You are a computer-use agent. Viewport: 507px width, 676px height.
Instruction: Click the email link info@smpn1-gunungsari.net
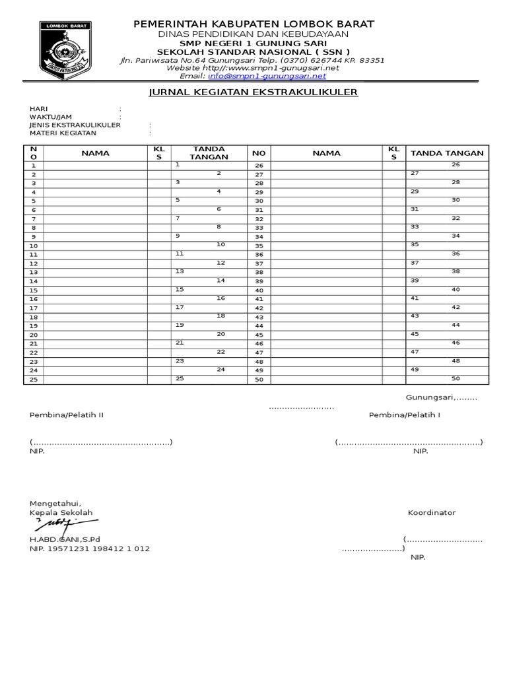(267, 76)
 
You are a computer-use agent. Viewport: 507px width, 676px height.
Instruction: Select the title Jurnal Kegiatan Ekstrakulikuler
(253, 92)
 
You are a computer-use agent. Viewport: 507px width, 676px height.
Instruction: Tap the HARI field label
(38, 109)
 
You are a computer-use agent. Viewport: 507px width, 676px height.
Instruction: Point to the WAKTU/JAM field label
(50, 117)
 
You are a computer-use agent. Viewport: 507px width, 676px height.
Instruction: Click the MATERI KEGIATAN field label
(63, 133)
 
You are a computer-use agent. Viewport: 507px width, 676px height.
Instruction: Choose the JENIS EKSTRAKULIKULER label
(75, 125)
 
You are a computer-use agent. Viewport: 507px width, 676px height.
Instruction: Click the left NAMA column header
(96, 153)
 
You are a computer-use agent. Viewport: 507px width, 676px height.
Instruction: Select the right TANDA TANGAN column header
(447, 153)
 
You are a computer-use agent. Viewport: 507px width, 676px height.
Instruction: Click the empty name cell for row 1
(96, 165)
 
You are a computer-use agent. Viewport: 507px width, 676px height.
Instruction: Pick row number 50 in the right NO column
(259, 380)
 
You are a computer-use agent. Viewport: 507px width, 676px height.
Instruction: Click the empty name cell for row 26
(327, 165)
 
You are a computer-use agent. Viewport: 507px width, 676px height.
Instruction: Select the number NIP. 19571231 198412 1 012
(89, 549)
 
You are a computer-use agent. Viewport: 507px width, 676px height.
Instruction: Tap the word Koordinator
(431, 513)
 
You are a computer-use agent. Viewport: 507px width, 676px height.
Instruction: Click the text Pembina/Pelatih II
(66, 415)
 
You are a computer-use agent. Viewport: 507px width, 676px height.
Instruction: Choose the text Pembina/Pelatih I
(404, 415)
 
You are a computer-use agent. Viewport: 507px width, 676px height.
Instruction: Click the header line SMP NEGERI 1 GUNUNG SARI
(253, 43)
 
